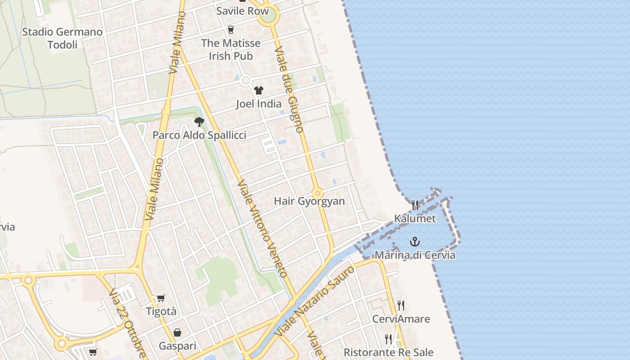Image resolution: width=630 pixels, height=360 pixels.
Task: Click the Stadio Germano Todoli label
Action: (x=62, y=38)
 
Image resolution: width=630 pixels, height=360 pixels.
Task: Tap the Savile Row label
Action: (x=242, y=11)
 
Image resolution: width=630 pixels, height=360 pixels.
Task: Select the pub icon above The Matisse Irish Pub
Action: (x=231, y=30)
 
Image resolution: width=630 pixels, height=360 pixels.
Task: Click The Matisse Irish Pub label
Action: (x=230, y=49)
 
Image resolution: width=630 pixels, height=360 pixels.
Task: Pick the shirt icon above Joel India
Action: (x=258, y=90)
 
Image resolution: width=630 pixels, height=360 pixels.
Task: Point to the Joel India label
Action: (x=259, y=104)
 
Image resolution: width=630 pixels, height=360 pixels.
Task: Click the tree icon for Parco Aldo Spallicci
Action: (x=199, y=121)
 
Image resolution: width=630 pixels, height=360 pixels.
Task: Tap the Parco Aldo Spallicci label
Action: (x=199, y=135)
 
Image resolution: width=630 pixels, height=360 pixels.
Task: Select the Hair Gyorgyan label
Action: (x=309, y=201)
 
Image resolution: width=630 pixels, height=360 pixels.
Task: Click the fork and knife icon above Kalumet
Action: (x=415, y=205)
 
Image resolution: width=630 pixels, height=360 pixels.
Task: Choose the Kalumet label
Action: (x=415, y=219)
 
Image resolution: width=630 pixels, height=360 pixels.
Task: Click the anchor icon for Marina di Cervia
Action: (x=415, y=242)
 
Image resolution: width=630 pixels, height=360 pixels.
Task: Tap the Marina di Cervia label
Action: (x=415, y=255)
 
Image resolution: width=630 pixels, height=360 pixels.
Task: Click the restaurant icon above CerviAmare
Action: (x=401, y=306)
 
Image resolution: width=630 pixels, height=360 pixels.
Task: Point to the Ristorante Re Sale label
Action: (x=388, y=352)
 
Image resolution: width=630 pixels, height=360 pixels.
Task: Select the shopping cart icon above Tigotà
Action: (x=161, y=298)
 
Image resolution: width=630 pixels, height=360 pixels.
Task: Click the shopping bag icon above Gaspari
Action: (x=177, y=333)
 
